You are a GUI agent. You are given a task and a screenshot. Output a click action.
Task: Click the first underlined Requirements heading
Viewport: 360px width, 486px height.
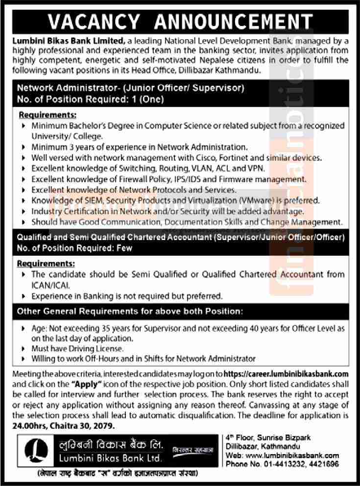48,116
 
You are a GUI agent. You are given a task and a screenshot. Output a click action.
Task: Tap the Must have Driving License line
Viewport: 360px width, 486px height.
77,348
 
